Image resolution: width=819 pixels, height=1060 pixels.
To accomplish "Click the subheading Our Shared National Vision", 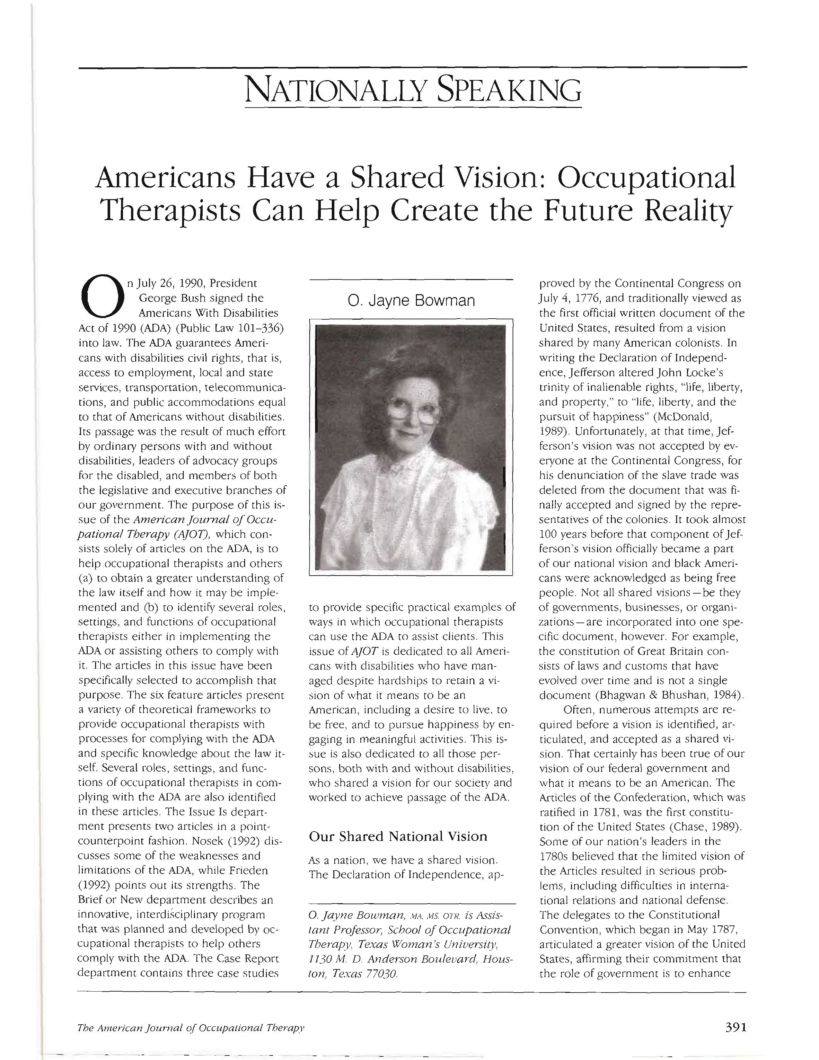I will (398, 836).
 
